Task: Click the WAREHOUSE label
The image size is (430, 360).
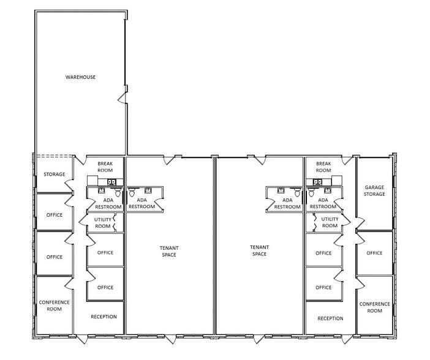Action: click(x=80, y=77)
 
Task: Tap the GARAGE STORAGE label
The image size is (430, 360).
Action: click(x=374, y=190)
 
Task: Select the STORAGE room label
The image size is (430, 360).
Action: click(x=55, y=174)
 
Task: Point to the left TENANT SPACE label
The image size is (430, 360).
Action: click(x=169, y=251)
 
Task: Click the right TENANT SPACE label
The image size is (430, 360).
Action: click(x=260, y=250)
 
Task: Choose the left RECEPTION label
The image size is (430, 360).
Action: click(x=104, y=317)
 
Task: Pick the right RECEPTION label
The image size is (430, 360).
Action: click(x=330, y=318)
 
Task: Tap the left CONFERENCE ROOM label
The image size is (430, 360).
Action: click(x=55, y=306)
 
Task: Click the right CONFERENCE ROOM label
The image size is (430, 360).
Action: click(x=375, y=307)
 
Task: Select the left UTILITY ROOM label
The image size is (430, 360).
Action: click(x=102, y=223)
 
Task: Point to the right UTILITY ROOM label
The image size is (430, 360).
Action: click(x=330, y=222)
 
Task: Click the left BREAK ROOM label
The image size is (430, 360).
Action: click(x=105, y=167)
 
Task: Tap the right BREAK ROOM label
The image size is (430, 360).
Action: click(x=323, y=167)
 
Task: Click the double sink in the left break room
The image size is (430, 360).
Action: click(x=111, y=182)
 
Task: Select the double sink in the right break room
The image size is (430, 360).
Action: click(x=317, y=182)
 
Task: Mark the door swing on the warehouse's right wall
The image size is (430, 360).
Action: click(x=122, y=98)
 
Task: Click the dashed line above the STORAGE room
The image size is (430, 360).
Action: click(x=55, y=156)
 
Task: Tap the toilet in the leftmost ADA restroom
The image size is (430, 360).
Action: click(x=118, y=192)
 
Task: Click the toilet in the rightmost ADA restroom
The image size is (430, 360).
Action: click(x=311, y=192)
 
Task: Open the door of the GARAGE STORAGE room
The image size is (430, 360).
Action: click(x=360, y=223)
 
